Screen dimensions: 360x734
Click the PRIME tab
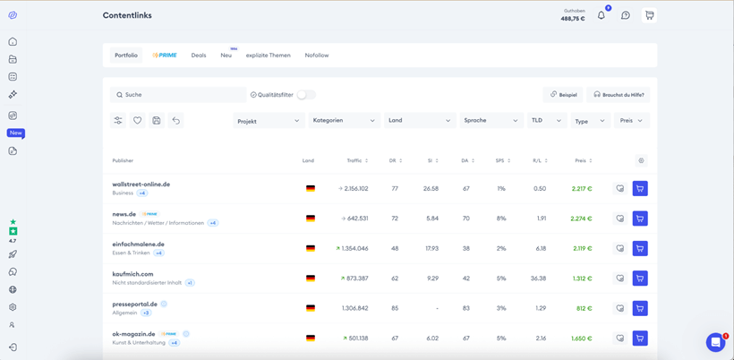pyautogui.click(x=165, y=56)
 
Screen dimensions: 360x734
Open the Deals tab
pyautogui.click(x=199, y=56)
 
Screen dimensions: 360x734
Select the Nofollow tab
pyautogui.click(x=316, y=56)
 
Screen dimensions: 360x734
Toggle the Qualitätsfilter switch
pyautogui.click(x=305, y=95)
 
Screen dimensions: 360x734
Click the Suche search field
pyautogui.click(x=179, y=95)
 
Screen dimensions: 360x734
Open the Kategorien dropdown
pyautogui.click(x=344, y=121)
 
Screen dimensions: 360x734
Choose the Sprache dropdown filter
pyautogui.click(x=491, y=121)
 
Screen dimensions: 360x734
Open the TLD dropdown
pyautogui.click(x=546, y=121)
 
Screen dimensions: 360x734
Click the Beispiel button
pyautogui.click(x=564, y=95)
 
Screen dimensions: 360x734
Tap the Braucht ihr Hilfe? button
pyautogui.click(x=619, y=95)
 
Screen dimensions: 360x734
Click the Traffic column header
pyautogui.click(x=354, y=161)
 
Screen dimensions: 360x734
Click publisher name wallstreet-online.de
pyautogui.click(x=141, y=184)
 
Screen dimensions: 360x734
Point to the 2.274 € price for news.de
pyautogui.click(x=581, y=219)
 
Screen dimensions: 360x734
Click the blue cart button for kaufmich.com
pyautogui.click(x=640, y=279)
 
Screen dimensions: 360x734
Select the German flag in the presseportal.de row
pyautogui.click(x=311, y=308)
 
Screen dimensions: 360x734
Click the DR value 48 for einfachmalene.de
pyautogui.click(x=395, y=249)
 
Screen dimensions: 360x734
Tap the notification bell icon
pyautogui.click(x=602, y=15)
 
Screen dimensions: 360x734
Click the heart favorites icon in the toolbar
pyautogui.click(x=137, y=121)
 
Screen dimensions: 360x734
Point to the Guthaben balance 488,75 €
pyautogui.click(x=573, y=18)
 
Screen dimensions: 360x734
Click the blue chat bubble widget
pyautogui.click(x=715, y=343)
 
